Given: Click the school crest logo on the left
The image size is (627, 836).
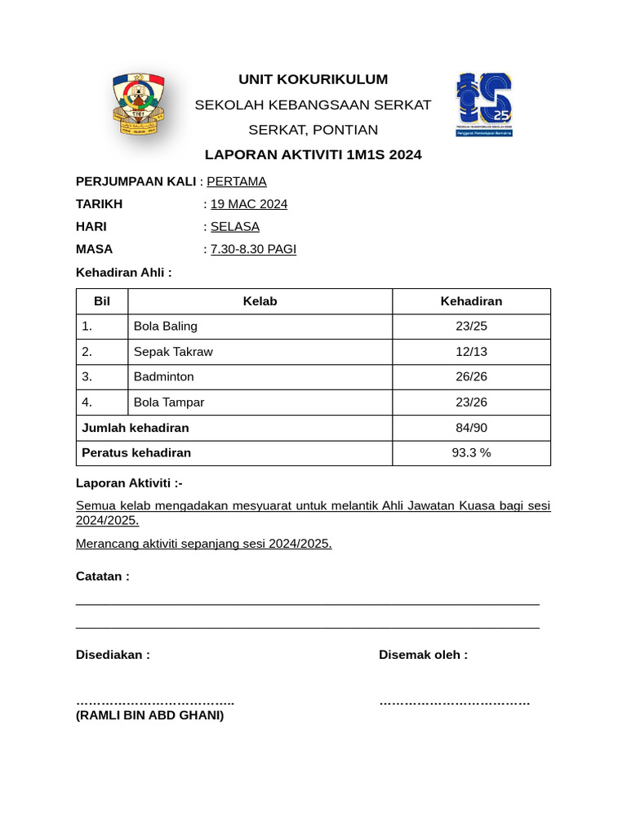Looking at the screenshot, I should [x=138, y=104].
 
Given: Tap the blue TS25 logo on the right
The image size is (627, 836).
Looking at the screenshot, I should [x=484, y=104].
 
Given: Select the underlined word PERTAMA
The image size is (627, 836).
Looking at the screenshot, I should [x=237, y=181].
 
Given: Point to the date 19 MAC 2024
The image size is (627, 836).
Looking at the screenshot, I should [x=249, y=204].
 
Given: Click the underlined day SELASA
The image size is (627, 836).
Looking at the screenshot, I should [x=235, y=226].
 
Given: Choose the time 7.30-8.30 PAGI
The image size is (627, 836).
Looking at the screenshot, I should [x=253, y=249].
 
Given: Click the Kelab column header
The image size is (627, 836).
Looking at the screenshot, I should [x=260, y=301].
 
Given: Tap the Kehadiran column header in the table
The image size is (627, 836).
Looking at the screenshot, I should [x=471, y=301].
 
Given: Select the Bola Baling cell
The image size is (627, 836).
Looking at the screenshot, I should [x=166, y=327].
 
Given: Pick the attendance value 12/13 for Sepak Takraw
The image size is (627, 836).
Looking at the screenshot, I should [x=471, y=352].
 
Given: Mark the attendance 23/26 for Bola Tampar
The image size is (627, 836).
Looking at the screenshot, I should [x=471, y=402].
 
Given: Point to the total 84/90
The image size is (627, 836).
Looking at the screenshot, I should [x=471, y=428].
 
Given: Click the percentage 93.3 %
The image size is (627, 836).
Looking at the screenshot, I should [x=471, y=453].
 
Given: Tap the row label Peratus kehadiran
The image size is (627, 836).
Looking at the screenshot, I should [x=136, y=453].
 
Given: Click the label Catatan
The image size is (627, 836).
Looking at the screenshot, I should [x=102, y=576].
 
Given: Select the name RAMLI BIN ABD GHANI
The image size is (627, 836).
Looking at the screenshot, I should [x=149, y=716].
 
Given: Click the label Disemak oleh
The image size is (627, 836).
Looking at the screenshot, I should [x=423, y=655].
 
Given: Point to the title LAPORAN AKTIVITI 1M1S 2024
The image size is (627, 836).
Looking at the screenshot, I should [x=313, y=154].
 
